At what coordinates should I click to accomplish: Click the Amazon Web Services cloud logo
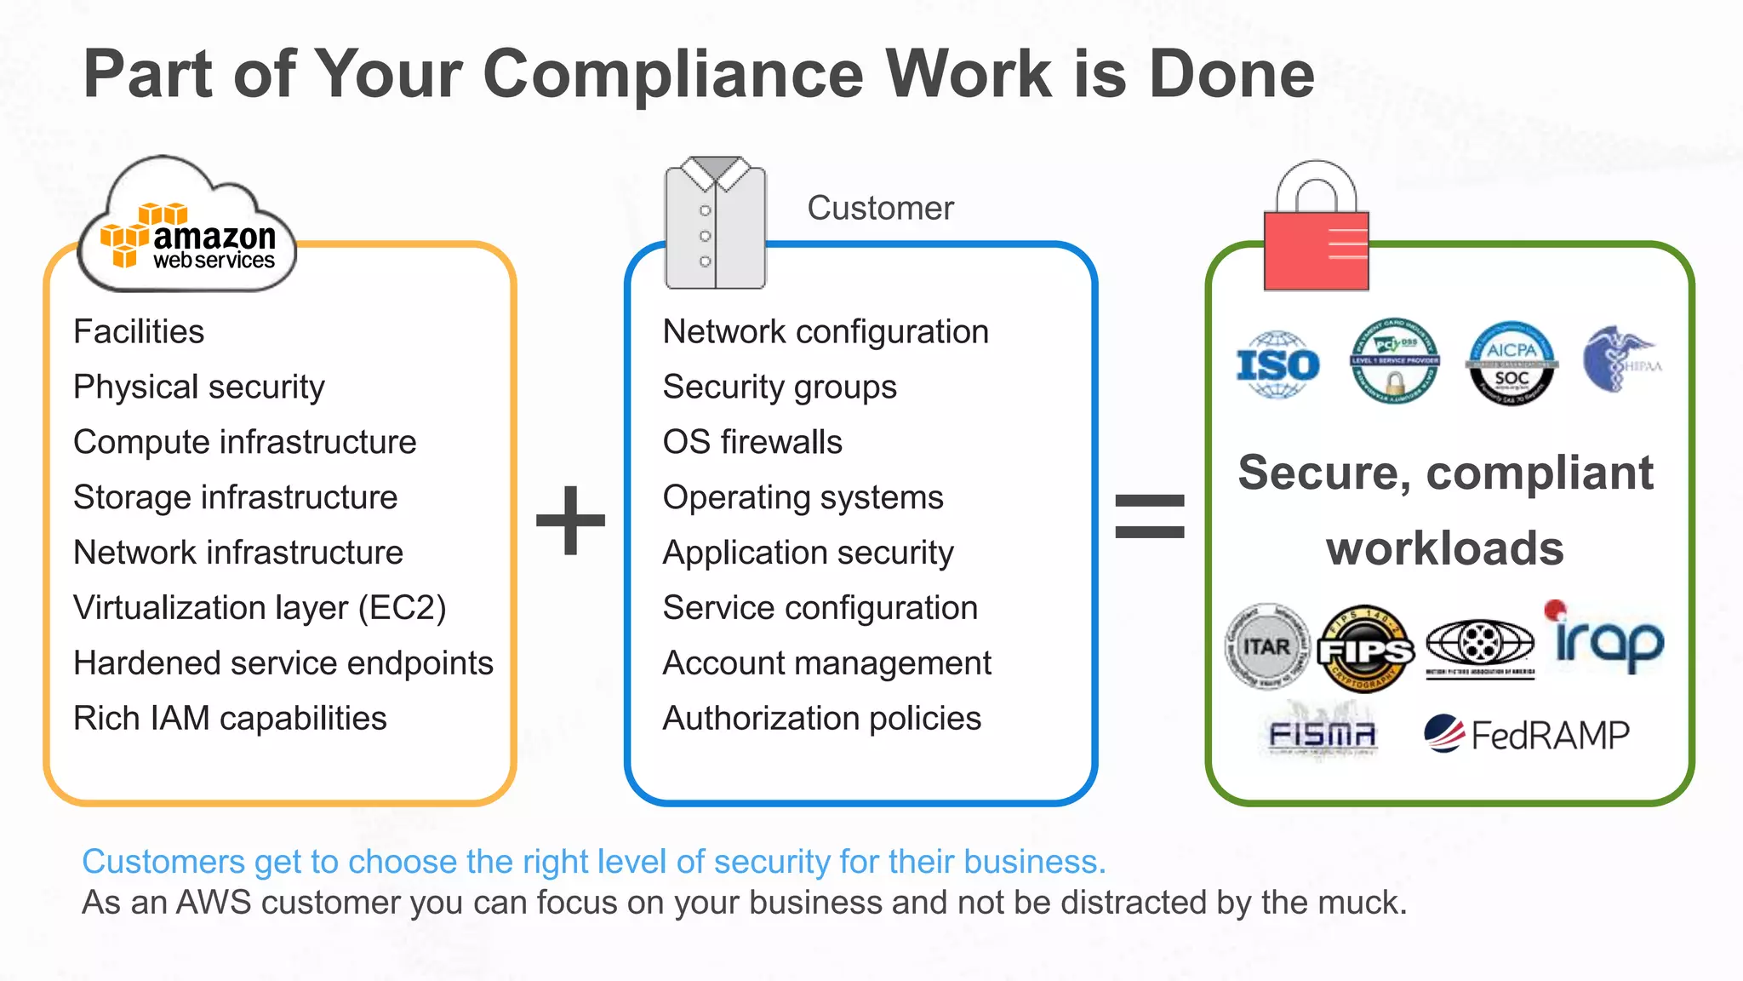pyautogui.click(x=187, y=230)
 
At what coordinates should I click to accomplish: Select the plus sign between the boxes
pyautogui.click(x=570, y=519)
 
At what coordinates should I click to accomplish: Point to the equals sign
pyautogui.click(x=1149, y=517)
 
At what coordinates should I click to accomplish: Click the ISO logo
pyautogui.click(x=1277, y=365)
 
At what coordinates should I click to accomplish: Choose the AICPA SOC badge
pyautogui.click(x=1512, y=364)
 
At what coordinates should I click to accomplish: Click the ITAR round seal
pyautogui.click(x=1266, y=647)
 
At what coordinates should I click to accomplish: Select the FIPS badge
pyautogui.click(x=1365, y=650)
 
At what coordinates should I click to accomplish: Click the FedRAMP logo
pyautogui.click(x=1527, y=735)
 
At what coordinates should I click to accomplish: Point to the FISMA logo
pyautogui.click(x=1321, y=734)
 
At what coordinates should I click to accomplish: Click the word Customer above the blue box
pyautogui.click(x=880, y=209)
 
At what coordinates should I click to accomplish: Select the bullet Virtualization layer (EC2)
pyautogui.click(x=260, y=608)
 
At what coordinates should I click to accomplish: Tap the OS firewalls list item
pyautogui.click(x=752, y=442)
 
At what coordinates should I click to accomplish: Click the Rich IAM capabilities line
pyautogui.click(x=230, y=719)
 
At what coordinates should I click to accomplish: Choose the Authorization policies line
pyautogui.click(x=821, y=719)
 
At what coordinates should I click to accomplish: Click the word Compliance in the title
pyautogui.click(x=672, y=75)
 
